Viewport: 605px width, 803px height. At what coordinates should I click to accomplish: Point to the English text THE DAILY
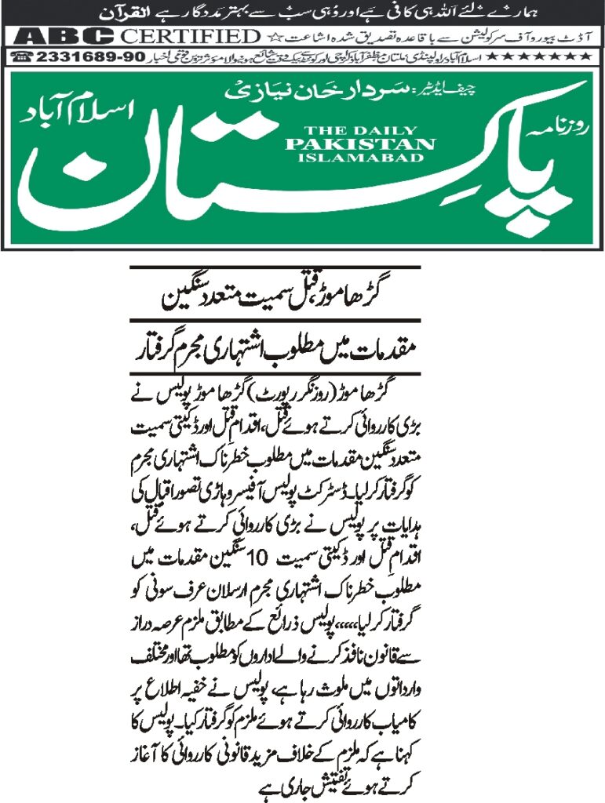click(360, 131)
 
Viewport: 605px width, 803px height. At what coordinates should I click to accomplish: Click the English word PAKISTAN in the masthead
click(360, 144)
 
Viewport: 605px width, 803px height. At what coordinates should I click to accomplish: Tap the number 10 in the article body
click(257, 558)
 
